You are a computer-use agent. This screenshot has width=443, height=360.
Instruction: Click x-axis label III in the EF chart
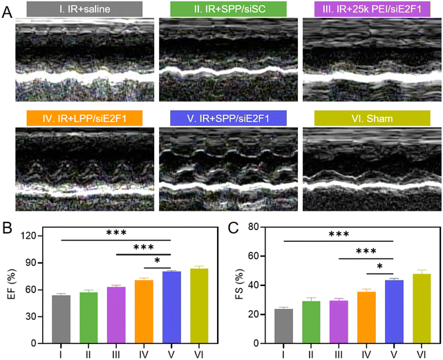pos(115,354)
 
